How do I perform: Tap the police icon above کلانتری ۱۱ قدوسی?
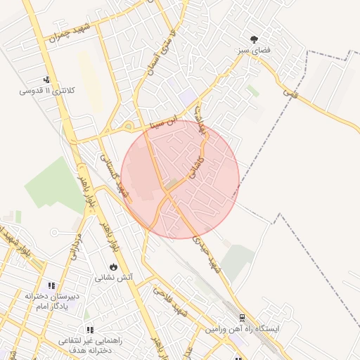[46, 79]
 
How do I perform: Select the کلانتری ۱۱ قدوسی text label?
[46, 91]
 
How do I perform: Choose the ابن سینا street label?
[167, 124]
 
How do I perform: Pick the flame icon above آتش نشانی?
[113, 266]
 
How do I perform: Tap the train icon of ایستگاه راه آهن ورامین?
[242, 317]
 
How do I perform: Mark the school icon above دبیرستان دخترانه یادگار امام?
[51, 286]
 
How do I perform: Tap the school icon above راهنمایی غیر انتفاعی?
[89, 329]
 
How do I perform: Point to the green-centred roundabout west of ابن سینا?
[127, 127]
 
